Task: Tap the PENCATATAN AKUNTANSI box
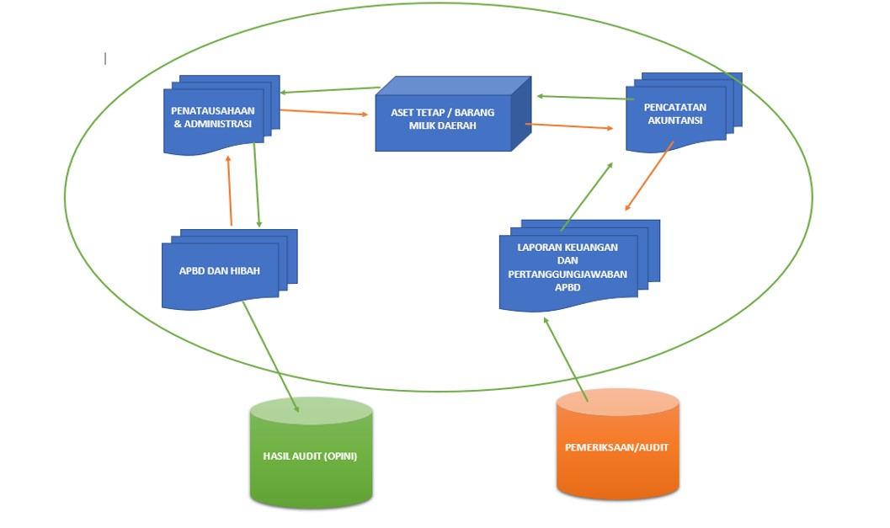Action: [x=675, y=115]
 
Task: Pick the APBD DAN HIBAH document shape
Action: [x=219, y=272]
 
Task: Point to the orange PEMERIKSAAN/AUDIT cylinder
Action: [x=617, y=447]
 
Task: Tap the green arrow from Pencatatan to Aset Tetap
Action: [x=584, y=98]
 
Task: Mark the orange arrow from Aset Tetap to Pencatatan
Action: [x=569, y=127]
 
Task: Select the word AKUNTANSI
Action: [x=675, y=120]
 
